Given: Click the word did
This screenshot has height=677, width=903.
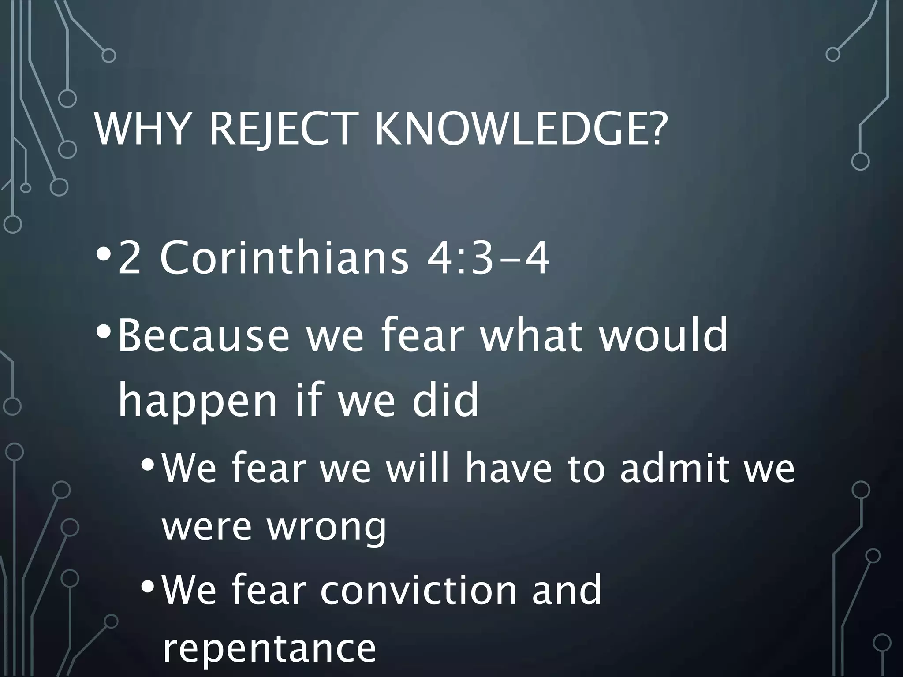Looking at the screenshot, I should (x=445, y=399).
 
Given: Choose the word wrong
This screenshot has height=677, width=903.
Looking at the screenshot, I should (x=326, y=529).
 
